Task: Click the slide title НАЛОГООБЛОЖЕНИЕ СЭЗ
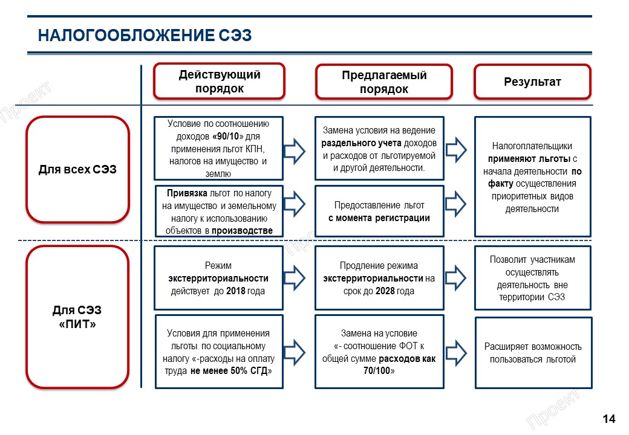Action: [145, 36]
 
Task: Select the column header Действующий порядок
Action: [219, 82]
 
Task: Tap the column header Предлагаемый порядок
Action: [384, 82]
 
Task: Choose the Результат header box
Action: [532, 82]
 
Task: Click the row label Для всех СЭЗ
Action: [77, 170]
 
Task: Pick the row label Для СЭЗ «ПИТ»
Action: [77, 317]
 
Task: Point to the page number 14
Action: [608, 419]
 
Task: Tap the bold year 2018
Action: [236, 291]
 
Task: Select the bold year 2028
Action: [385, 291]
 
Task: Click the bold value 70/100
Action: [379, 370]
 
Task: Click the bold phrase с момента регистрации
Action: [379, 218]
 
